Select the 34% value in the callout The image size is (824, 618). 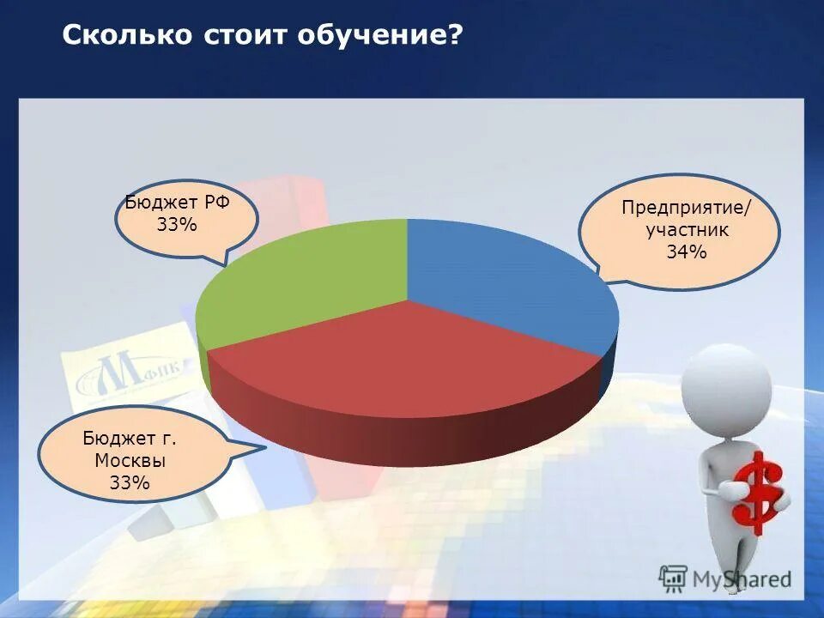686,252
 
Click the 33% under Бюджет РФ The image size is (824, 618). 177,225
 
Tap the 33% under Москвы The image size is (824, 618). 130,482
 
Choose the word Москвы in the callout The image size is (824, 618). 130,461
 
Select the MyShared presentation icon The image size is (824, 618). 675,579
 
